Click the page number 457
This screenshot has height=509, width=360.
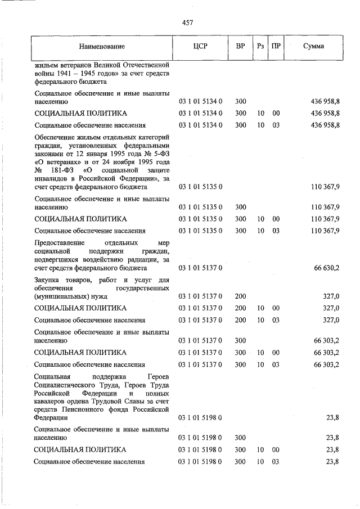pos(188,22)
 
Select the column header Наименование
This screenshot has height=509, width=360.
pos(102,46)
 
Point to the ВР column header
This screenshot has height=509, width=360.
pos(240,46)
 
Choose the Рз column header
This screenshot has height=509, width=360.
pos(260,46)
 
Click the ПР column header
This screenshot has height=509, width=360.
pos(276,46)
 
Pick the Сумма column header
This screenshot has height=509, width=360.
pos(313,46)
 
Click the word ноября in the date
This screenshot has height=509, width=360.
pos(119,161)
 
